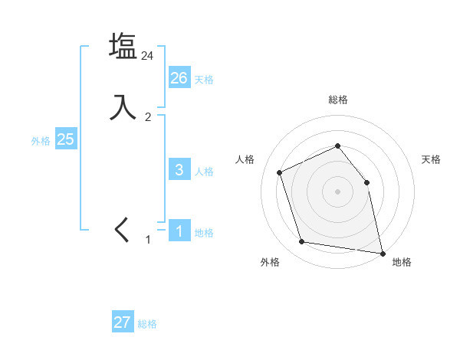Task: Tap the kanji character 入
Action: (123, 107)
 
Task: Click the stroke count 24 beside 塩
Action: (148, 56)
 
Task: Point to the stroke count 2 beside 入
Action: (148, 117)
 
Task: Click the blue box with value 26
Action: (179, 78)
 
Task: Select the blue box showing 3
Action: (179, 170)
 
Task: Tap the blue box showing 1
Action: (179, 231)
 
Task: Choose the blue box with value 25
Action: (66, 139)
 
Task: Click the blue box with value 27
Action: (123, 322)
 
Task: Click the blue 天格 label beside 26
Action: (204, 80)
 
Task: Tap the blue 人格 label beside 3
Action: (204, 172)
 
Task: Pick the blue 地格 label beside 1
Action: (204, 233)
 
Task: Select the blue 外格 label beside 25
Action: (41, 141)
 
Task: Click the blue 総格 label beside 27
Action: (147, 324)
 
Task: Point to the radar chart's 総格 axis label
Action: (337, 100)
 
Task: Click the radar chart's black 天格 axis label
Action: (431, 159)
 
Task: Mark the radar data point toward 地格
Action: (382, 252)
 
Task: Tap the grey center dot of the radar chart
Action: (337, 191)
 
